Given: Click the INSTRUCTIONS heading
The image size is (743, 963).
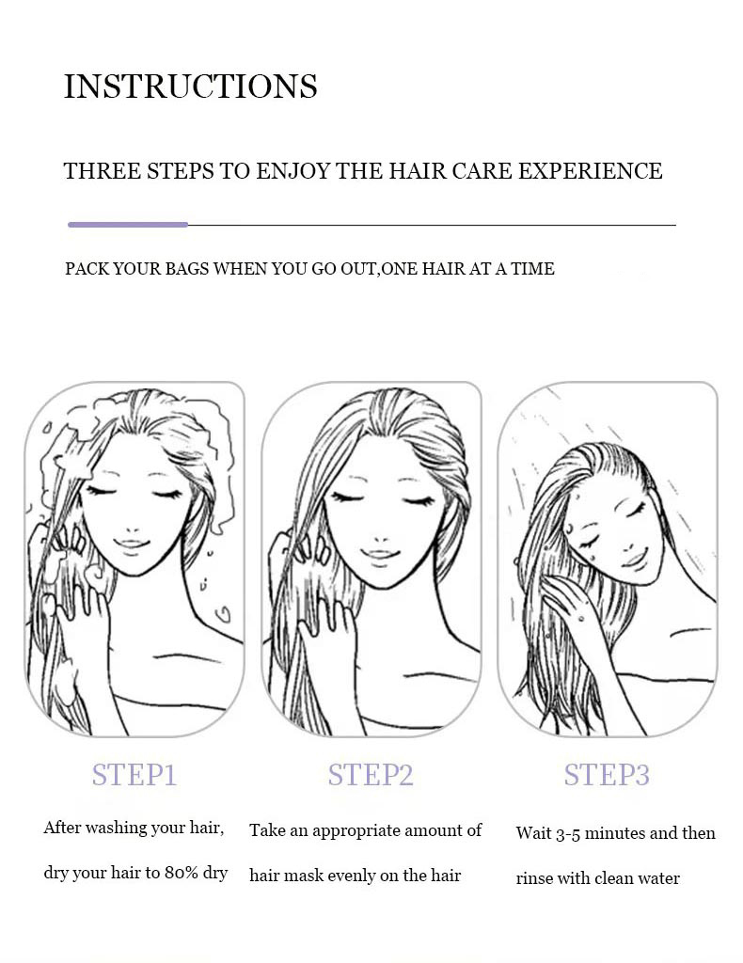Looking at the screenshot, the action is (x=191, y=86).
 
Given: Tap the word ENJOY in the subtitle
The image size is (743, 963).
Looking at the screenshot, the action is (x=293, y=171).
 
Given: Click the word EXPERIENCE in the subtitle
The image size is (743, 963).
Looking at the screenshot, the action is (x=591, y=171).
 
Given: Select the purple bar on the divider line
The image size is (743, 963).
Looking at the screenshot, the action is (x=128, y=225).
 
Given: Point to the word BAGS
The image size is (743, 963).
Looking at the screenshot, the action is (x=186, y=269).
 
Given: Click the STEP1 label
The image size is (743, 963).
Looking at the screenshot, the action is (x=134, y=775).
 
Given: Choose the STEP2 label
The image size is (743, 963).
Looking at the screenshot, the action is (x=371, y=775).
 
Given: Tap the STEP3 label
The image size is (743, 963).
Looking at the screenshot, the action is (x=607, y=775).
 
